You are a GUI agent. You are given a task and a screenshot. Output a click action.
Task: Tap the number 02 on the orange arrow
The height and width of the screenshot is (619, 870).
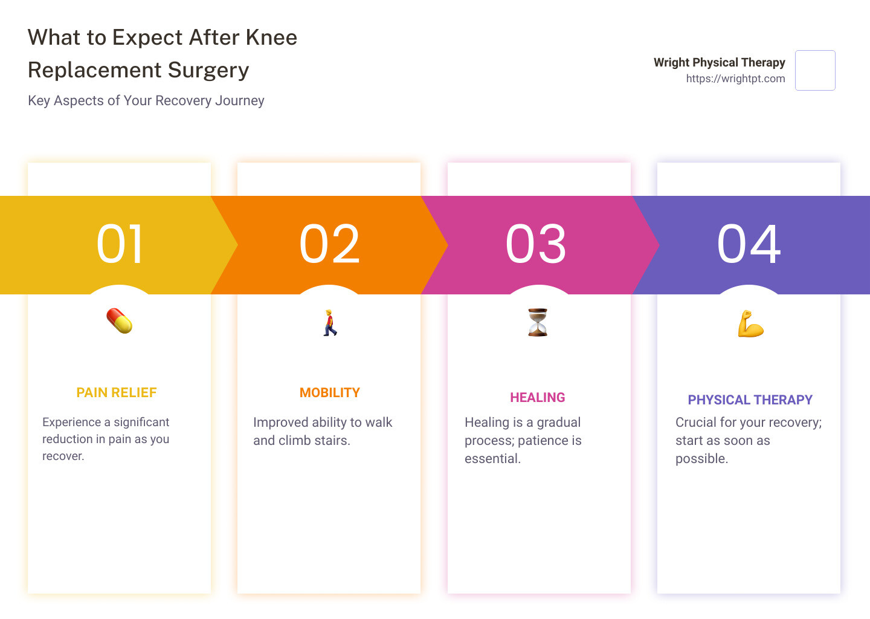pyautogui.click(x=329, y=244)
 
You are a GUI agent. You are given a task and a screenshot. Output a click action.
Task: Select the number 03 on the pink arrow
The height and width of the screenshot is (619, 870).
pyautogui.click(x=536, y=244)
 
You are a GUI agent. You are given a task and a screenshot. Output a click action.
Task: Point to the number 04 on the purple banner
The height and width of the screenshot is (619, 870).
pyautogui.click(x=749, y=244)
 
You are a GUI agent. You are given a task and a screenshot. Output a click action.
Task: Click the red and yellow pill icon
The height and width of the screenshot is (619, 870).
pyautogui.click(x=120, y=321)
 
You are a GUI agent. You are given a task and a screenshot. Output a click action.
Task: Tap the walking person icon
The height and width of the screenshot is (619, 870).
pyautogui.click(x=330, y=323)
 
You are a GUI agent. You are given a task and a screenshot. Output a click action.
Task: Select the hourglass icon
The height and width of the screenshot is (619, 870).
pyautogui.click(x=538, y=322)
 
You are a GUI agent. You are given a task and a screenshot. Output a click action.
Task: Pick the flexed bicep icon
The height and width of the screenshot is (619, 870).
pyautogui.click(x=750, y=323)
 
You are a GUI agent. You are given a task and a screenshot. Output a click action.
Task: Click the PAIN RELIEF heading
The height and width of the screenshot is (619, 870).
pyautogui.click(x=117, y=392)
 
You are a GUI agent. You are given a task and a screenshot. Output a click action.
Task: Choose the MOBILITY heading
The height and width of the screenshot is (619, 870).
pyautogui.click(x=330, y=392)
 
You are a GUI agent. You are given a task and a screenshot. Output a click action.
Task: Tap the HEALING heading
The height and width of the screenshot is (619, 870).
pyautogui.click(x=538, y=398)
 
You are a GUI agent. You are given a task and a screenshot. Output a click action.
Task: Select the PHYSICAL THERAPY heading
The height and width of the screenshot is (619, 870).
pyautogui.click(x=750, y=400)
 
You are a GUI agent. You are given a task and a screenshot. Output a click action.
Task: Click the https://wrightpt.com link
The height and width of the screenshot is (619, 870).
pyautogui.click(x=736, y=79)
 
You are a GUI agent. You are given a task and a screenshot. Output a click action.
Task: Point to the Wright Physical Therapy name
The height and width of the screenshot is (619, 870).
pyautogui.click(x=720, y=62)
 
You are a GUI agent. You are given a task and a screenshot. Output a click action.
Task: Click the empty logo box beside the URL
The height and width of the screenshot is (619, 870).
pyautogui.click(x=815, y=70)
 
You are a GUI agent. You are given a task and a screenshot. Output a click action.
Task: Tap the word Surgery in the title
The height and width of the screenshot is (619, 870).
pyautogui.click(x=208, y=70)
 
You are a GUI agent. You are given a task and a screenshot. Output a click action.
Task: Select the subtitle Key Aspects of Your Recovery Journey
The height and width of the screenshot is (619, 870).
pyautogui.click(x=146, y=100)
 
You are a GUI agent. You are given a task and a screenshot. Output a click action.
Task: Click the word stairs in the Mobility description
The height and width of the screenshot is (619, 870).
pyautogui.click(x=332, y=441)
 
